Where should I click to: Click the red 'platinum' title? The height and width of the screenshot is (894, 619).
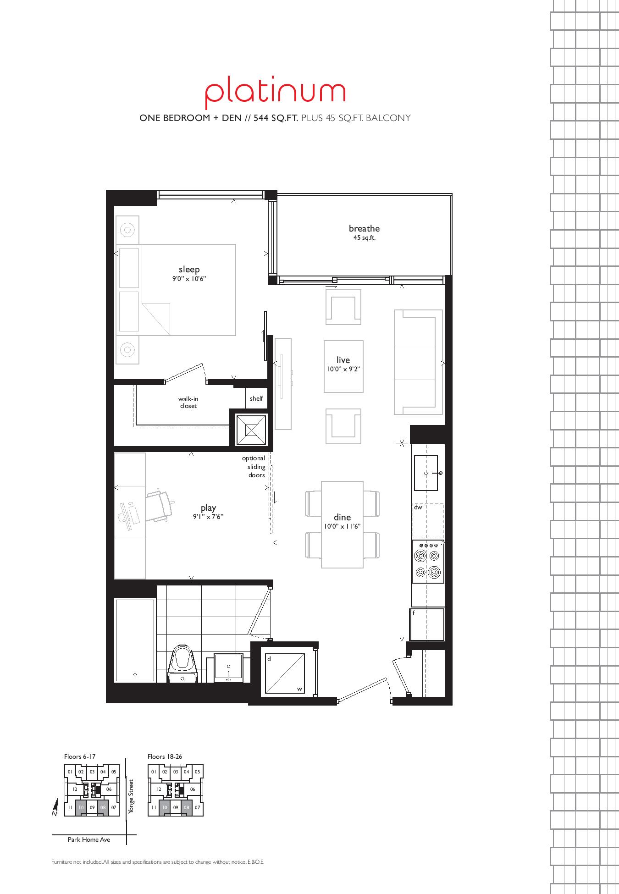[x=275, y=94]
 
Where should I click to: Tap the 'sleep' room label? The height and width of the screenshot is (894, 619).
[x=189, y=269]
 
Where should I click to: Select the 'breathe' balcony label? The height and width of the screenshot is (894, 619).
[x=364, y=228]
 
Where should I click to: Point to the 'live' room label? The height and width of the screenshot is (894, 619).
[x=343, y=360]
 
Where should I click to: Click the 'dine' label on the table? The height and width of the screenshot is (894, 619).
[x=342, y=517]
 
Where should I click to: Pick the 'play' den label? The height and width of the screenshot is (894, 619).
[x=208, y=508]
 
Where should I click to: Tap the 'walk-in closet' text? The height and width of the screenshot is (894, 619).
[x=188, y=403]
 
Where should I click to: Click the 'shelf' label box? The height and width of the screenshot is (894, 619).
[x=256, y=398]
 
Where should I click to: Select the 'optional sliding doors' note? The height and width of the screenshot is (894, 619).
[x=254, y=467]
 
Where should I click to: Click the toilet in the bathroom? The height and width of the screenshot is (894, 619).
[x=183, y=664]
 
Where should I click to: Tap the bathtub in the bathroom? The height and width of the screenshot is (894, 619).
[x=135, y=640]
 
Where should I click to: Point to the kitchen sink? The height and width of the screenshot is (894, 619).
[x=426, y=473]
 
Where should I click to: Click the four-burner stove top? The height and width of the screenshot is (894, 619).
[x=428, y=561]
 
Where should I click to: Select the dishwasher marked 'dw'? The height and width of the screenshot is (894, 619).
[x=428, y=520]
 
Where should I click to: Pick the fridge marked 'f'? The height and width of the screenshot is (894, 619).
[x=427, y=624]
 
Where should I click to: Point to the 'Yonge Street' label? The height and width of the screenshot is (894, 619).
[x=131, y=797]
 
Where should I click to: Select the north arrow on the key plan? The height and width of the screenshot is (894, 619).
[x=55, y=807]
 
